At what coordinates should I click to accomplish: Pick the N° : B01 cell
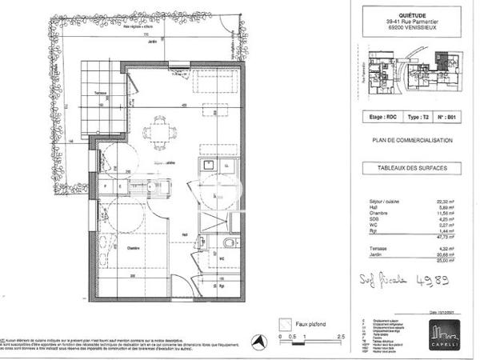coord(452,116)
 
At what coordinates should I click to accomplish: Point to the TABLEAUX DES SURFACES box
coord(413,167)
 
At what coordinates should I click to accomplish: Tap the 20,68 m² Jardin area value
coord(457,254)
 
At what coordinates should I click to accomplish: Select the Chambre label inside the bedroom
coord(132,249)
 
